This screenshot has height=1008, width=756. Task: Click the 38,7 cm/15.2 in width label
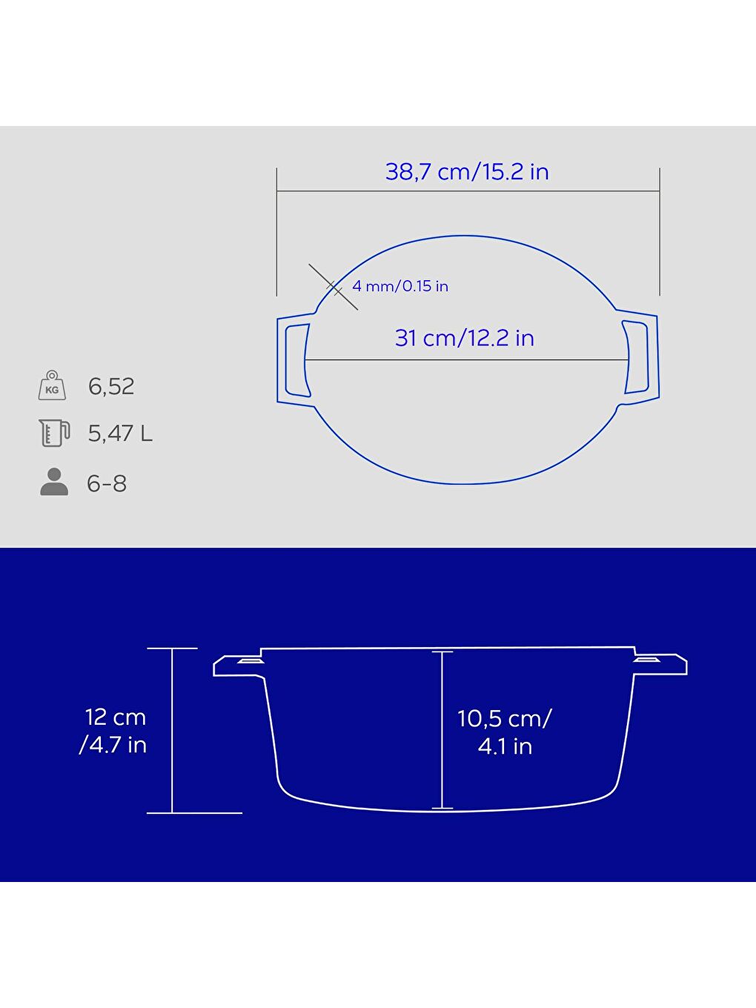(467, 172)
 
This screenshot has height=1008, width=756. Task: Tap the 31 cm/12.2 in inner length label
(465, 338)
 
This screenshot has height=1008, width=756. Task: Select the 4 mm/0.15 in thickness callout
(400, 286)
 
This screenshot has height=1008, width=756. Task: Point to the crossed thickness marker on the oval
(334, 287)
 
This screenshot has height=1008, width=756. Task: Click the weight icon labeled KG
(52, 385)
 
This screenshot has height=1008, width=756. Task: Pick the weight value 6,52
(111, 386)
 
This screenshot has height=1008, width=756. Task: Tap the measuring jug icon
(53, 433)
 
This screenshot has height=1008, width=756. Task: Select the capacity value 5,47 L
(120, 434)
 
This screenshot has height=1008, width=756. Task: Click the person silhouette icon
(53, 482)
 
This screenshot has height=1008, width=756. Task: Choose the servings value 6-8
(107, 484)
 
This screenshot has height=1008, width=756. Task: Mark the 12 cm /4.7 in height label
(114, 731)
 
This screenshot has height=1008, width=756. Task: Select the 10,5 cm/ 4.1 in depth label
(505, 732)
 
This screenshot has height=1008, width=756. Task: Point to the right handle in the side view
(661, 663)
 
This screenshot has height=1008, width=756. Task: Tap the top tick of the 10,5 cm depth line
(442, 651)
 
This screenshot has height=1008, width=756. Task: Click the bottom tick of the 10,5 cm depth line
(442, 808)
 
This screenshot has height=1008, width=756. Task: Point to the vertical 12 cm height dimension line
(173, 730)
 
